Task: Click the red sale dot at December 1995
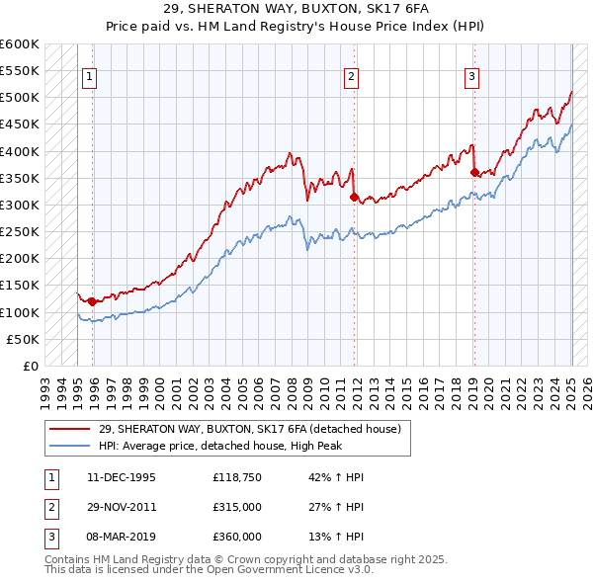coord(92,301)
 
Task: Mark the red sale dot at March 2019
coord(474,173)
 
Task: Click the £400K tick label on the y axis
coord(20,151)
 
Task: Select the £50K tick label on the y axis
coord(24,339)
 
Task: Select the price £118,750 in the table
coord(236,477)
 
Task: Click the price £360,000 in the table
coord(236,537)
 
